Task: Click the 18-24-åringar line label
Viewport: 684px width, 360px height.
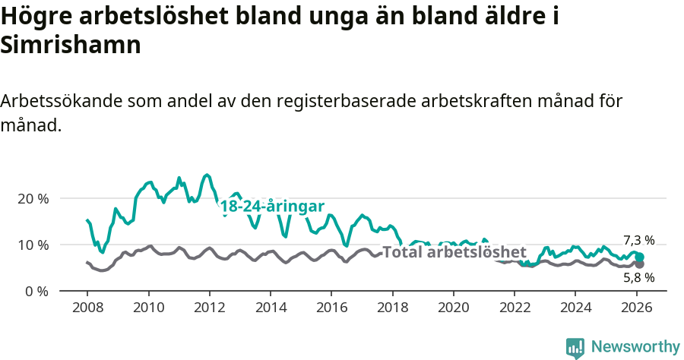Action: pos(272,207)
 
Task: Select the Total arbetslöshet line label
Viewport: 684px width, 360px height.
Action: pos(454,252)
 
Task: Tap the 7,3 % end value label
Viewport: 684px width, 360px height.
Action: pos(638,241)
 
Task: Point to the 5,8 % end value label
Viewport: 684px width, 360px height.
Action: pos(638,278)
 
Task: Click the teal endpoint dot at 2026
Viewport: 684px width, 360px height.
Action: pos(640,257)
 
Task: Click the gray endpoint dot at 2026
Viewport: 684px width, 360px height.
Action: pos(640,264)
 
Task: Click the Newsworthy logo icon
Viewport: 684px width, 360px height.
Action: pos(575,348)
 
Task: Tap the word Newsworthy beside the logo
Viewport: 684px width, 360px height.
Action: pos(635,347)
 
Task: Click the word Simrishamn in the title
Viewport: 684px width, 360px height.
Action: pos(71,45)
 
